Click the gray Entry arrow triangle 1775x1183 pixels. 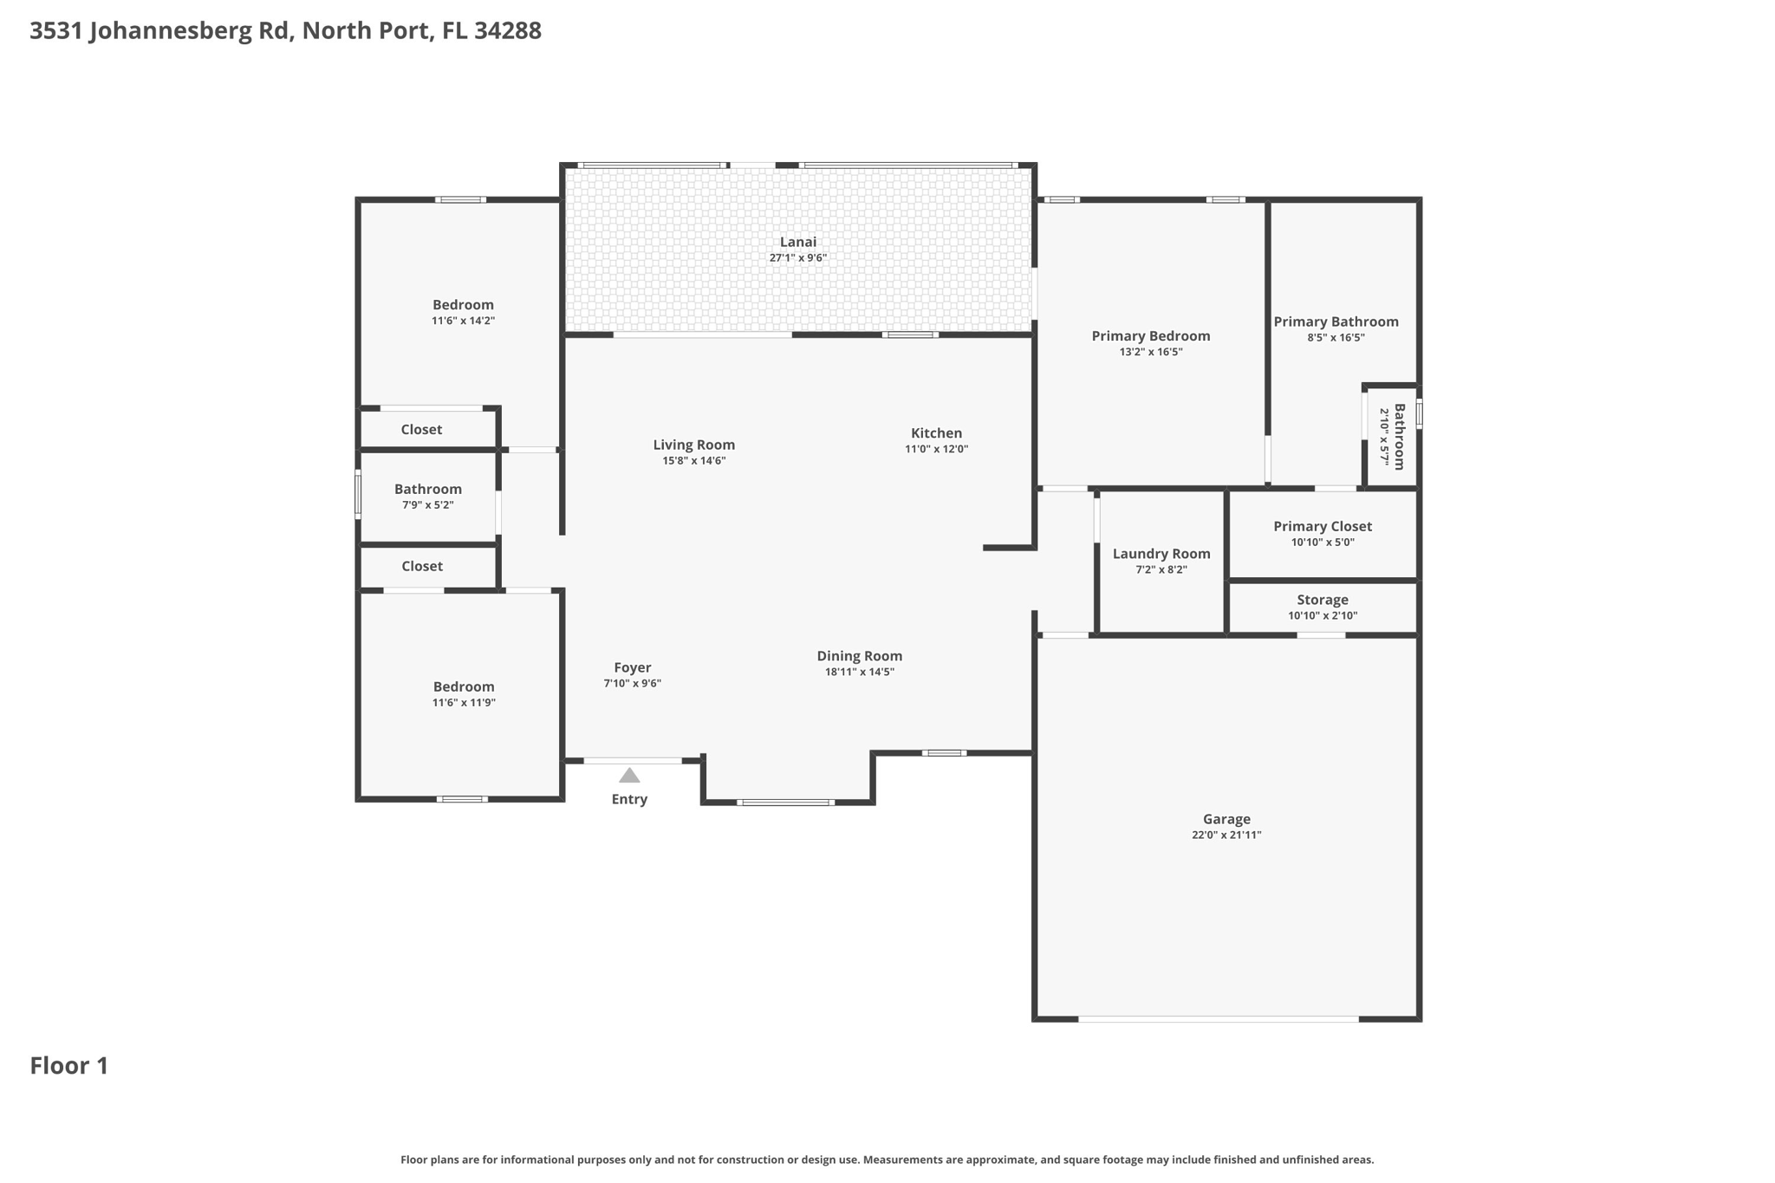[629, 775]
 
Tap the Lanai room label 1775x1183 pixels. [797, 242]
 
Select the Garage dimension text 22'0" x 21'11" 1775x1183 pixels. [1226, 835]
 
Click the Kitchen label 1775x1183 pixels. [936, 433]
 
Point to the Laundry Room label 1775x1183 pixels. [1161, 554]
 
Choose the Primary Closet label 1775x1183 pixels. [1322, 526]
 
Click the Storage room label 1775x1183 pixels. [1322, 600]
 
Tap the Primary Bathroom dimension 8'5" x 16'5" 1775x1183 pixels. [1336, 338]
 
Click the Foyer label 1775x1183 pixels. [632, 667]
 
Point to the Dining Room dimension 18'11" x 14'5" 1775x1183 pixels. [859, 672]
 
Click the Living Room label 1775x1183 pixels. [693, 445]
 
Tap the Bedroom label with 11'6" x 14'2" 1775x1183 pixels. [463, 305]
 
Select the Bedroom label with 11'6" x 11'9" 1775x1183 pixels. [464, 686]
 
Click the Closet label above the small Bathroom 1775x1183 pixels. [421, 430]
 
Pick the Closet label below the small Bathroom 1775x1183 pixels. [422, 566]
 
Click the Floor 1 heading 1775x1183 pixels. [69, 1065]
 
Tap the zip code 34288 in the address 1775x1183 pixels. [508, 30]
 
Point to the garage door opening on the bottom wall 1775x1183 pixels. [1218, 1019]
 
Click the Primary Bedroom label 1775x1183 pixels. [1150, 336]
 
